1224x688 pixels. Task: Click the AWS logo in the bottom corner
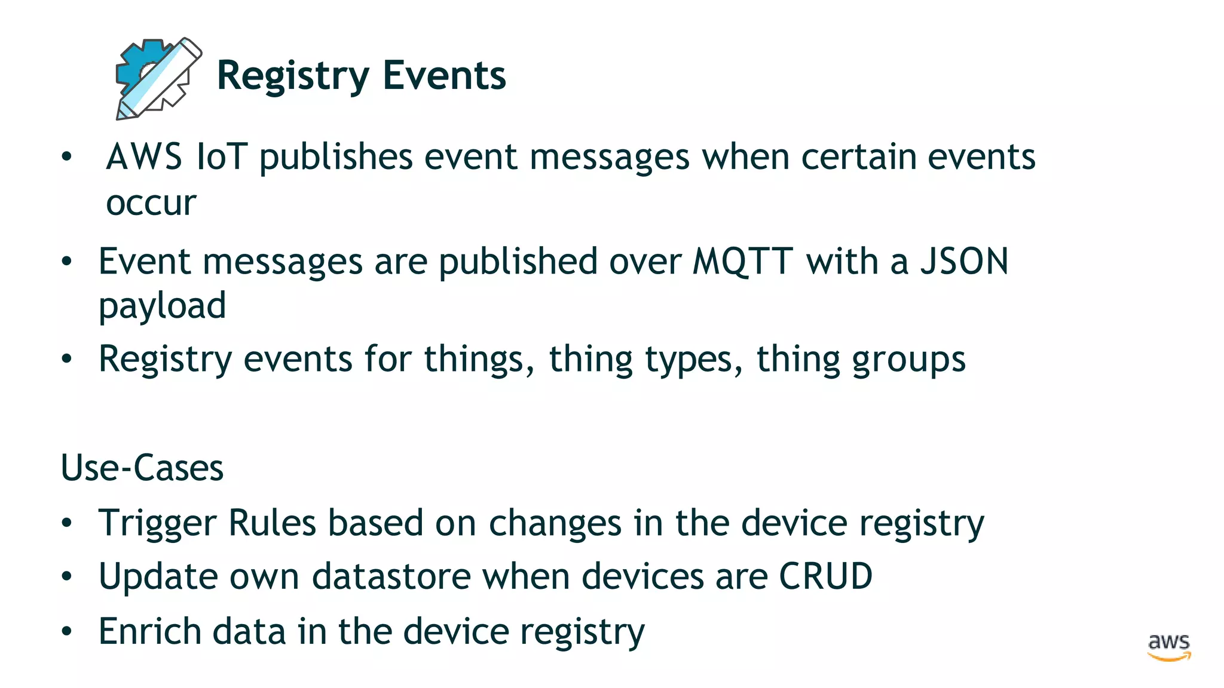(1168, 647)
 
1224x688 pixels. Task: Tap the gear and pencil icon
(158, 79)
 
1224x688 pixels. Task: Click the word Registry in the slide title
(293, 76)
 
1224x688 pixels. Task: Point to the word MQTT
(742, 262)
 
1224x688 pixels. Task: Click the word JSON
(964, 262)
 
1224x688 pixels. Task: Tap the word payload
(162, 306)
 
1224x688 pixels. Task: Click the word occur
(151, 203)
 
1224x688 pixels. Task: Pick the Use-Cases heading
(142, 468)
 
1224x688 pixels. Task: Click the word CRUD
(825, 576)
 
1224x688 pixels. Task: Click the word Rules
(272, 523)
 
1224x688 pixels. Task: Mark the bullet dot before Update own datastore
(66, 577)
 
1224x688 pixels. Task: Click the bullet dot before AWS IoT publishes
(66, 157)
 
